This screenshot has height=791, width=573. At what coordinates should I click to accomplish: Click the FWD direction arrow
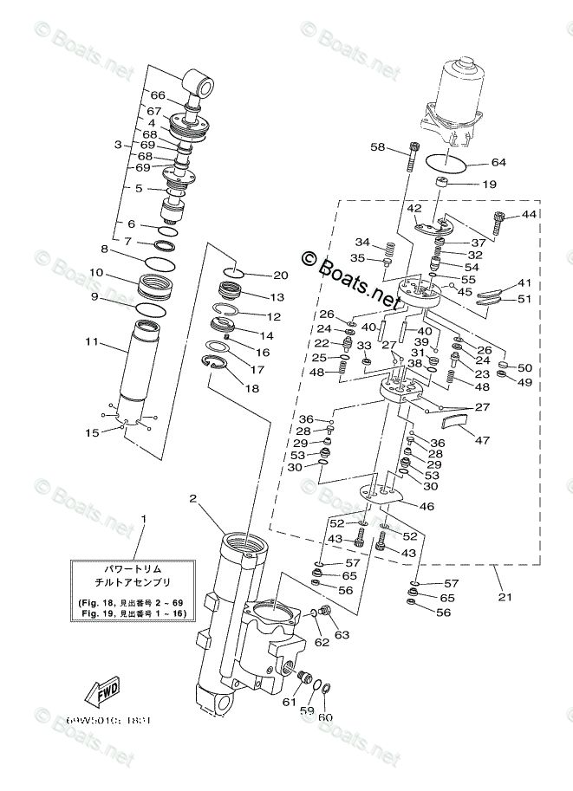click(x=101, y=691)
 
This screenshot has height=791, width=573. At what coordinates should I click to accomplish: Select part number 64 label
click(x=498, y=162)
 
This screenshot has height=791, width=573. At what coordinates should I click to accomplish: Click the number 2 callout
click(x=194, y=497)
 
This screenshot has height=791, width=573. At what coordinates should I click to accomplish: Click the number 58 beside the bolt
click(x=377, y=148)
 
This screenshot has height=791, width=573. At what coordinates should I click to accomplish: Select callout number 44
click(x=529, y=214)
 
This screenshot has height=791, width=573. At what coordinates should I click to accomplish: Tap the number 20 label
click(x=280, y=276)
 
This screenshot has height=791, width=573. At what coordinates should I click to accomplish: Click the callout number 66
click(x=157, y=95)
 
